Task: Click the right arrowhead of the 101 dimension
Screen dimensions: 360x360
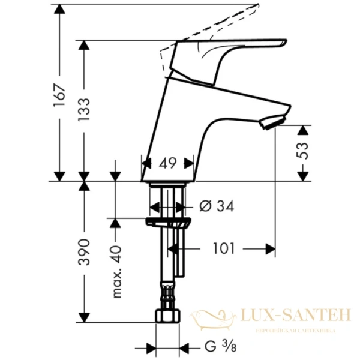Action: (x=271, y=248)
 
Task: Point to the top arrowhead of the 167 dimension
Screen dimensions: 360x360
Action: (x=59, y=7)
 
